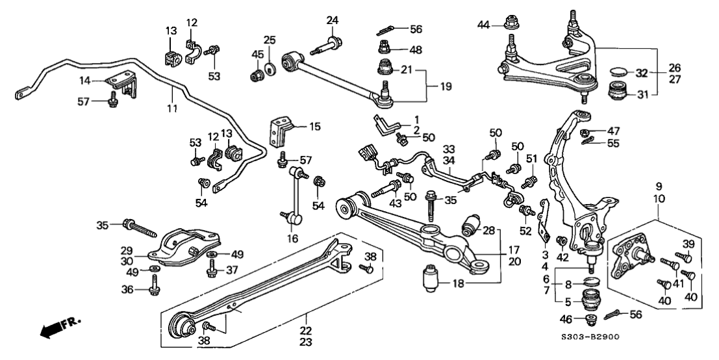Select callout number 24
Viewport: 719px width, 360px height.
point(332,21)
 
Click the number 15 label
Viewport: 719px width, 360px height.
point(315,127)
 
